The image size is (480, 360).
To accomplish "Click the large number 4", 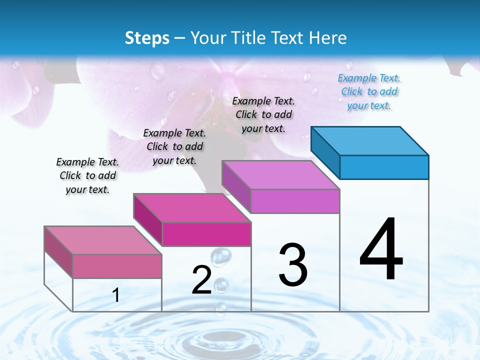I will coord(381,249).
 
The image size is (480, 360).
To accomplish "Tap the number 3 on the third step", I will coord(293,264).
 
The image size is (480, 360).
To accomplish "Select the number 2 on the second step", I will coord(201,280).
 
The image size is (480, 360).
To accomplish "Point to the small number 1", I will coord(116,295).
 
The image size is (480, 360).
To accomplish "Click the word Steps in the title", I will coord(147,38).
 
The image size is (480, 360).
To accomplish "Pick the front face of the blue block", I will coord(384,167).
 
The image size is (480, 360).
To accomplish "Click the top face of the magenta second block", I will coord(192,208).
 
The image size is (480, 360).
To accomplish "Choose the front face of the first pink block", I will coord(117,266).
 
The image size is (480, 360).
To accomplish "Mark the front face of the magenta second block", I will coord(206,234).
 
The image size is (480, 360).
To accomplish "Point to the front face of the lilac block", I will coord(295,201).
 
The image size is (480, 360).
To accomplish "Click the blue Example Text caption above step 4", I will coord(369,92).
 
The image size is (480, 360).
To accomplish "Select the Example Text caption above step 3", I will coord(263,114).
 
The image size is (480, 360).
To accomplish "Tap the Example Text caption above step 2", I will coord(174,146).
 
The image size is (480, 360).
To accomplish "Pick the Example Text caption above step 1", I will coord(87,175).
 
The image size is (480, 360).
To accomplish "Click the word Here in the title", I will coord(328,38).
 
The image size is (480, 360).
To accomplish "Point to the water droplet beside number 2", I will coord(221,256).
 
